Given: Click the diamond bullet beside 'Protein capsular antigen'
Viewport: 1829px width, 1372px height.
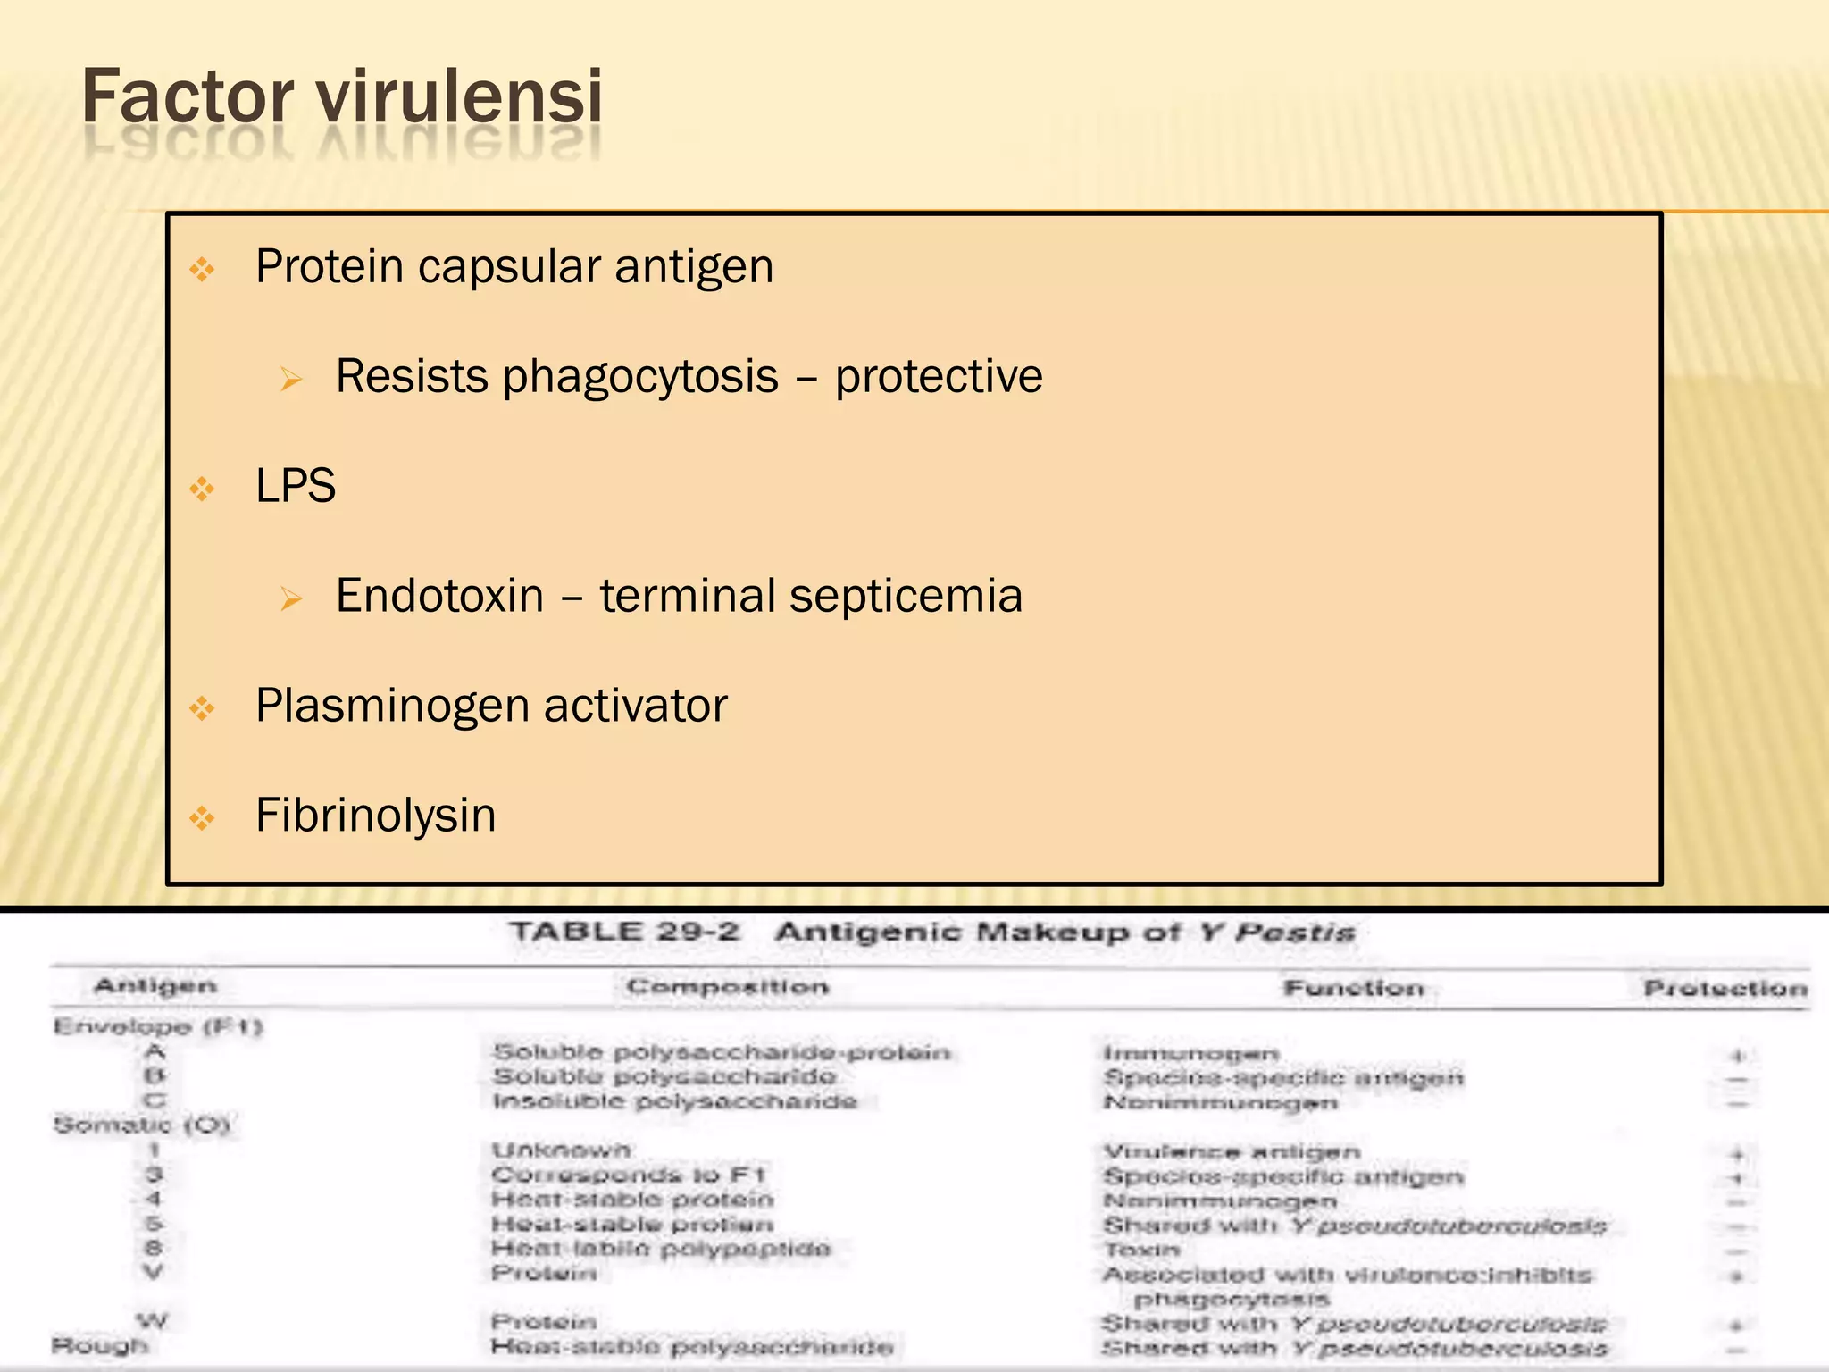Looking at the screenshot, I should tap(203, 269).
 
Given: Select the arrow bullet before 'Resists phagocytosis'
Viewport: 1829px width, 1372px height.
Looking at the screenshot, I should tap(291, 380).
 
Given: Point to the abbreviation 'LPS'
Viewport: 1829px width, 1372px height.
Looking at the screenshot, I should tap(296, 487).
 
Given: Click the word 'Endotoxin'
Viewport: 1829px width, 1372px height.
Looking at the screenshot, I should tap(439, 596).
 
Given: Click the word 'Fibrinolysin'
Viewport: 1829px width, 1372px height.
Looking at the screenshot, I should tap(375, 816).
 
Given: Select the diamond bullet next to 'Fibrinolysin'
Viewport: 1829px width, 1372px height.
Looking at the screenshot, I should tap(203, 817).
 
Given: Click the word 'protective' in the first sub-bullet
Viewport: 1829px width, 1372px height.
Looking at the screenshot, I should tap(939, 376).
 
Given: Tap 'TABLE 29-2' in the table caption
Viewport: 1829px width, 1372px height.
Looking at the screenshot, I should tap(624, 933).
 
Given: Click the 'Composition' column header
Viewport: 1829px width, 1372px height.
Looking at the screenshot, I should tap(727, 987).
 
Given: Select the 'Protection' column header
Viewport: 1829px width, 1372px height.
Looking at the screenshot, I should tap(1725, 988).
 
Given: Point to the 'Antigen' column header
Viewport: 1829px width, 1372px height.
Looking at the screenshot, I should tap(155, 986).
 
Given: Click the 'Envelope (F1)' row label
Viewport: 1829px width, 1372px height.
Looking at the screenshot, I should tap(157, 1027).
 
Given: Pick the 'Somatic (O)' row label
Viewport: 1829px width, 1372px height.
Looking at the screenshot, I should tap(141, 1125).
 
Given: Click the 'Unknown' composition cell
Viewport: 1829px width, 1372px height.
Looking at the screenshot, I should tap(561, 1150).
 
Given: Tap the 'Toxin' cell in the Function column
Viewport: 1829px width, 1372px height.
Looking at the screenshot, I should tap(1140, 1250).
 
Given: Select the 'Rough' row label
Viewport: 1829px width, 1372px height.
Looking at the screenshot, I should tap(99, 1345).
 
